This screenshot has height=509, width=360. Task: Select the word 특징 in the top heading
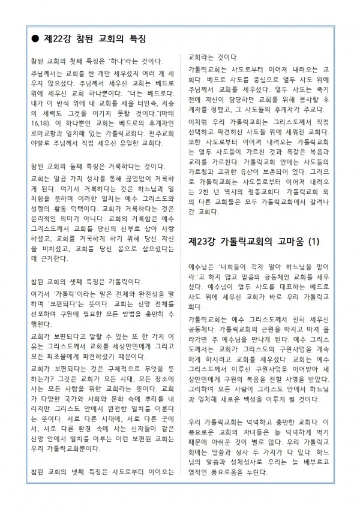[134, 38]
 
